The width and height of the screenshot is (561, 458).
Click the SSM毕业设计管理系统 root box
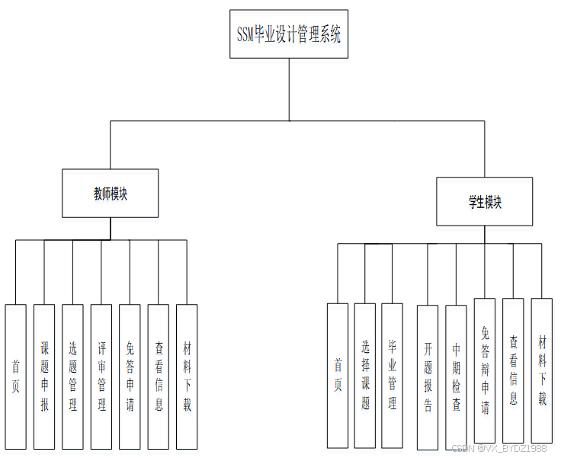[289, 34]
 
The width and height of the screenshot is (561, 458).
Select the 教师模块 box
[111, 194]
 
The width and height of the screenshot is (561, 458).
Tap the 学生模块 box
[484, 202]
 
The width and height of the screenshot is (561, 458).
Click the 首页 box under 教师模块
[15, 376]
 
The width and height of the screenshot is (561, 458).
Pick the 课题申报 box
[44, 376]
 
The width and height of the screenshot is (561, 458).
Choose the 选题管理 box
[72, 376]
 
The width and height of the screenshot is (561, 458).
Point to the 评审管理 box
[101, 376]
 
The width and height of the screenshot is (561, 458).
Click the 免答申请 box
[130, 376]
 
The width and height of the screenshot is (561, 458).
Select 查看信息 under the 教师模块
[159, 376]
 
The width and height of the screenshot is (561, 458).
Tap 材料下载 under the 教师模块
[187, 376]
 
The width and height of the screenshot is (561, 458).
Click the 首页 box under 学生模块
[338, 376]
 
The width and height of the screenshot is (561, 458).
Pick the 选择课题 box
[365, 376]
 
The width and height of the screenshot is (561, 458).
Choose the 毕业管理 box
[393, 376]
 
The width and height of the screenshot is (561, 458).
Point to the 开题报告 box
[428, 376]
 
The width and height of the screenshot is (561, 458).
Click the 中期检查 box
[456, 376]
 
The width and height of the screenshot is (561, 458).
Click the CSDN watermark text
[499, 449]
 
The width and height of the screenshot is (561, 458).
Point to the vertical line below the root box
[290, 89]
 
